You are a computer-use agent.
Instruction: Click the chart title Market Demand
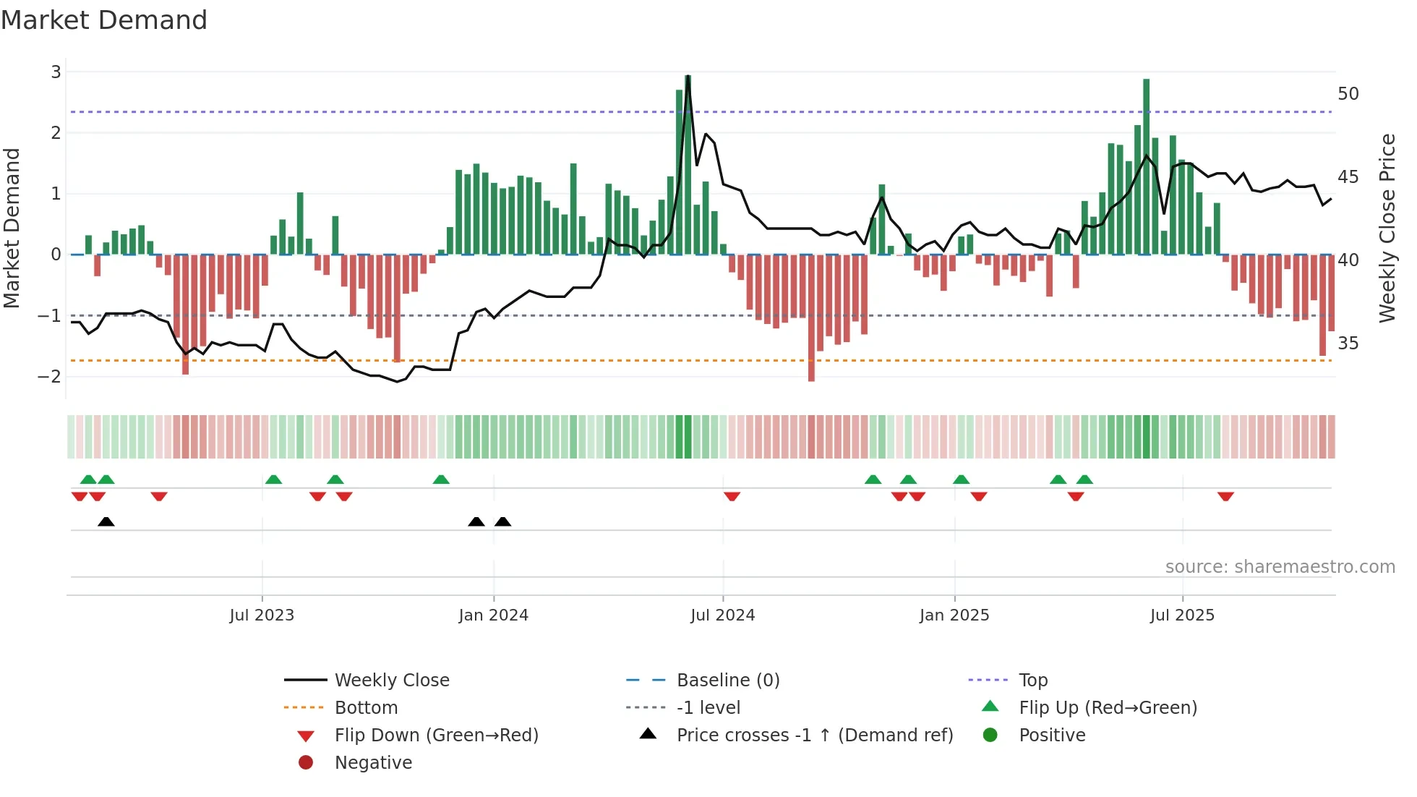(104, 20)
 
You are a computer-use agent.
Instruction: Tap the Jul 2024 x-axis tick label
(722, 615)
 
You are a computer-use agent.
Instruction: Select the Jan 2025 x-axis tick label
(954, 615)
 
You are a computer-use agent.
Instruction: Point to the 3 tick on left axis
(56, 72)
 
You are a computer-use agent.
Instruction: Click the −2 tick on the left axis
(50, 377)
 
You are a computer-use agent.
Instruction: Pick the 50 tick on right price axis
(1348, 94)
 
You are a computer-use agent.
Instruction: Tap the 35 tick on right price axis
(1348, 344)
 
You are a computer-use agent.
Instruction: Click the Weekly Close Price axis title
(1387, 228)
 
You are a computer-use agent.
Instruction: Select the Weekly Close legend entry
(391, 681)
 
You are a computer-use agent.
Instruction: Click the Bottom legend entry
(366, 708)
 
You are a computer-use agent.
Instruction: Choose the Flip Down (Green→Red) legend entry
(436, 736)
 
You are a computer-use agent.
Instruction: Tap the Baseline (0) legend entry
(727, 681)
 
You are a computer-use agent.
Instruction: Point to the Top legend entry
(1033, 681)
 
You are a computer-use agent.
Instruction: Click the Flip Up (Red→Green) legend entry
(1108, 708)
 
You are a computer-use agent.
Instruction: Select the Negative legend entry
(373, 763)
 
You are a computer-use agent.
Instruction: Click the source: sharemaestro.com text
(1280, 567)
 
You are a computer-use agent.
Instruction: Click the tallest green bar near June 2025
(1146, 166)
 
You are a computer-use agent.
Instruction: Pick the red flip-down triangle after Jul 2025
(1225, 496)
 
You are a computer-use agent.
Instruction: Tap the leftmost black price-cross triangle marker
(106, 521)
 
